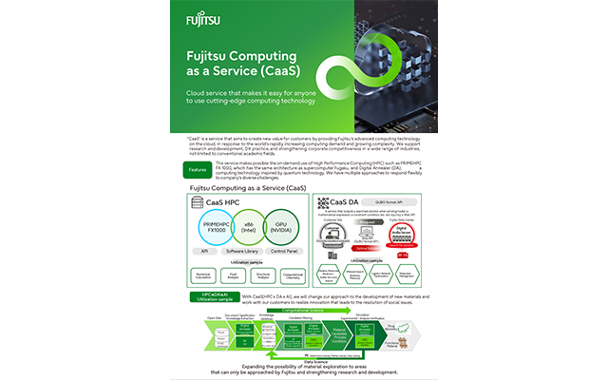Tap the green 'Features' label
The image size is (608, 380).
[198, 168]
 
